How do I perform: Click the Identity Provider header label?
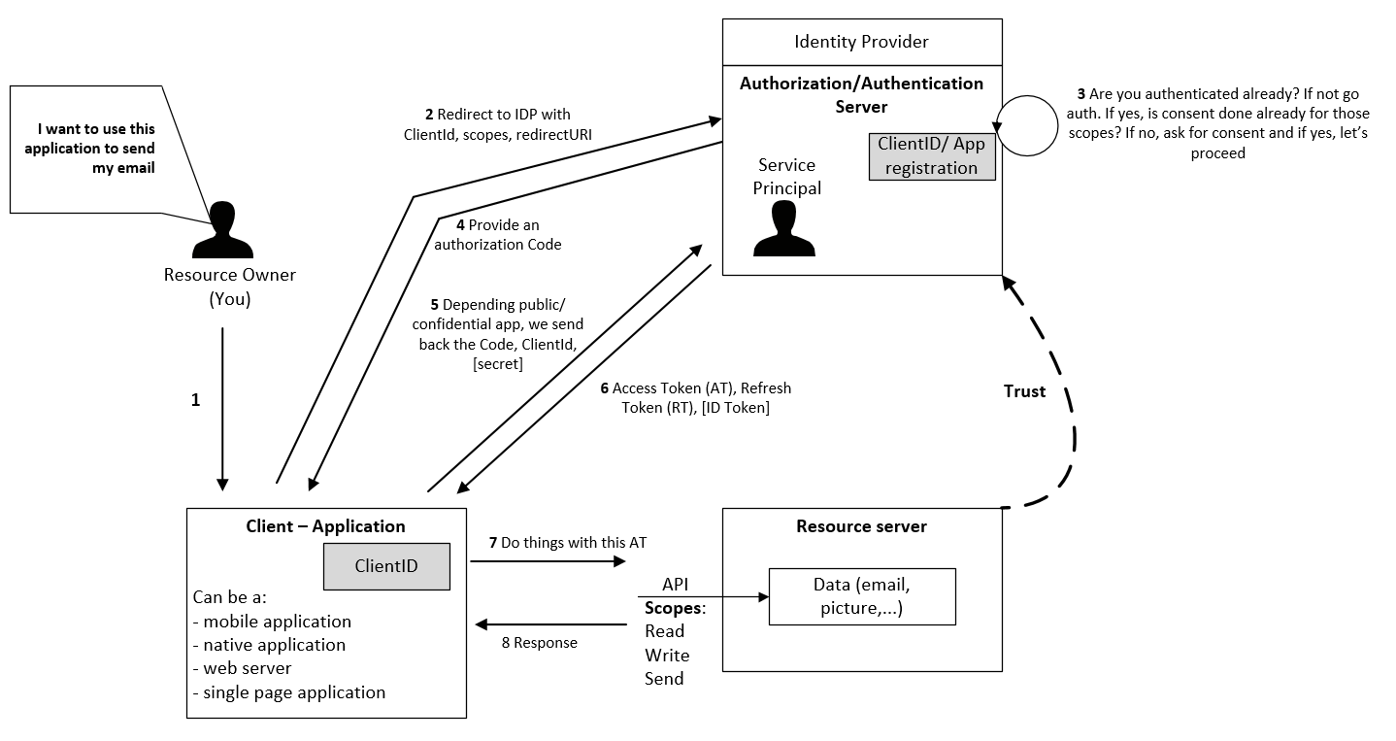861,42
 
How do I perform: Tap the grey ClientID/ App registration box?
932,156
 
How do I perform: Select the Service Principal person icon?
784,228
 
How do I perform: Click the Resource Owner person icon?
222,229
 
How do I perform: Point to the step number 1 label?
196,400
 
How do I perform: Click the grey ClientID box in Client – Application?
386,566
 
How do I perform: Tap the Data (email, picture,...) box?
862,596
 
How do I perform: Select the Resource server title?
861,526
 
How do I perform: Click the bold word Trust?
1024,391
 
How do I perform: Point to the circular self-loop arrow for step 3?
1057,125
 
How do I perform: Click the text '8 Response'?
540,643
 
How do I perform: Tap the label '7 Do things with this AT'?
568,543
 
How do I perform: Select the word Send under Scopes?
664,679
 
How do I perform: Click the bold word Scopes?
673,608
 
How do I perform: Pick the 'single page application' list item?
289,692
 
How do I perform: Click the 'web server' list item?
242,669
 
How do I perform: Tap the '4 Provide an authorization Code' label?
498,235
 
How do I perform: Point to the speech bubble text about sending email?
89,149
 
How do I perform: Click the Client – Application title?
325,526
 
